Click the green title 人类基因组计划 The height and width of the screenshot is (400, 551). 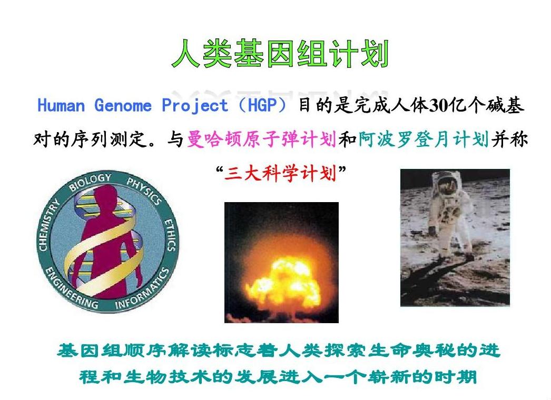coord(280,54)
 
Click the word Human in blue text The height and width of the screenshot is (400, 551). coord(61,105)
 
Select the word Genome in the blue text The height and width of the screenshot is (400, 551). coord(123,105)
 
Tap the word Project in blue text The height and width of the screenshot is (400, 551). coord(195,105)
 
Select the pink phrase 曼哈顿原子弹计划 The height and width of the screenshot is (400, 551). coord(261,139)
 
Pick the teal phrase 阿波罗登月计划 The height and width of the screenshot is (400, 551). coord(424,139)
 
